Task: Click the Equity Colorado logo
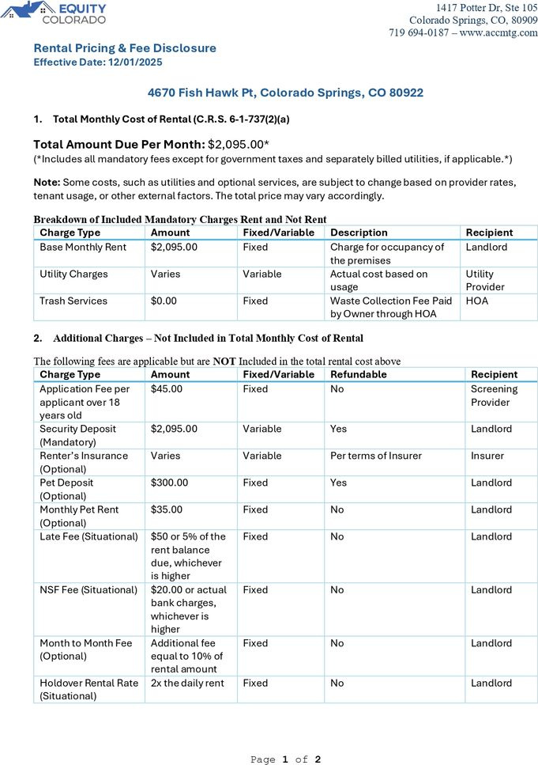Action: (x=55, y=12)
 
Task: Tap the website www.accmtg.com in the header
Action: (x=498, y=32)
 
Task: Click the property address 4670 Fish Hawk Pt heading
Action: (x=285, y=93)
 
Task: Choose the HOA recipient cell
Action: (x=476, y=301)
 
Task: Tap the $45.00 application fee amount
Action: (x=166, y=388)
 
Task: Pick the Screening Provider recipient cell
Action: (x=494, y=396)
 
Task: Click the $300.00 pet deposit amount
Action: (x=169, y=483)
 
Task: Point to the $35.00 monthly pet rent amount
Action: (x=166, y=509)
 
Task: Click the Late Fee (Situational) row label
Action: (x=87, y=536)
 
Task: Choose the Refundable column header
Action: (x=358, y=374)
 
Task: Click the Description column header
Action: (x=359, y=233)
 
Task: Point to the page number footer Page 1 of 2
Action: (x=285, y=759)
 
